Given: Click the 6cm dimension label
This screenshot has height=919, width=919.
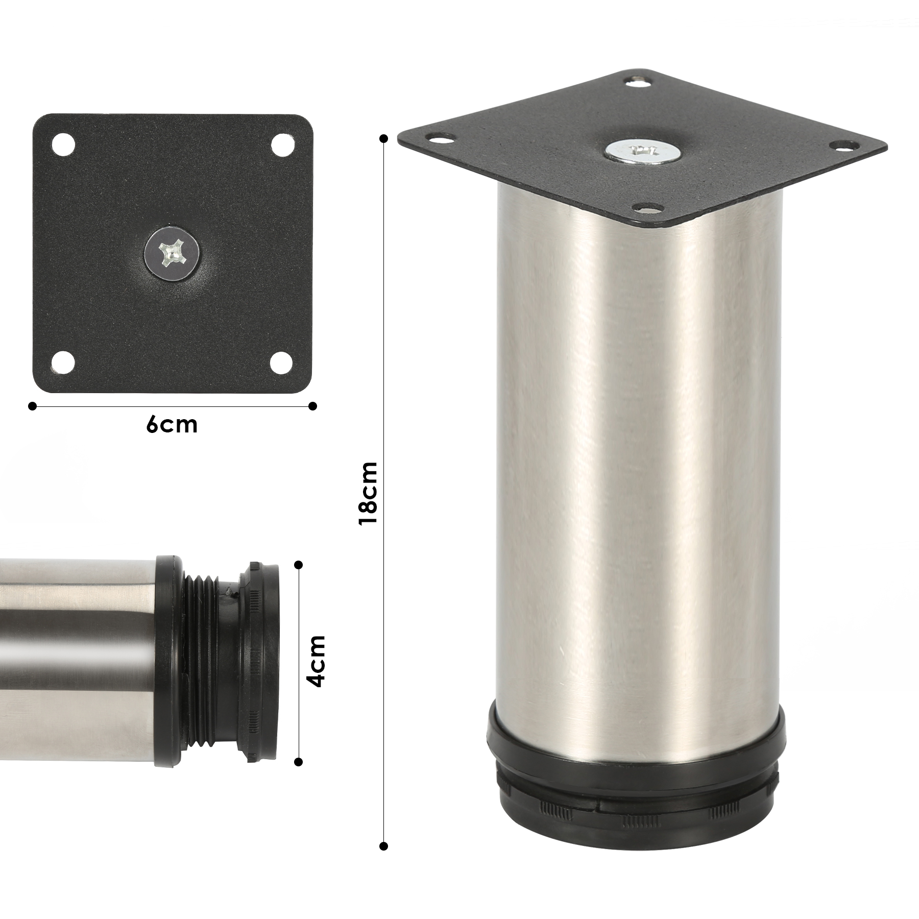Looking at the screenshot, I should [172, 425].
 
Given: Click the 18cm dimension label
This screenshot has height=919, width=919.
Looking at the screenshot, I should [368, 493].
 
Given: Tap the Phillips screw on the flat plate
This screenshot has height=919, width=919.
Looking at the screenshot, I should [172, 254].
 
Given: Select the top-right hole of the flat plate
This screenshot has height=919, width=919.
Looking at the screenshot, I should [281, 144].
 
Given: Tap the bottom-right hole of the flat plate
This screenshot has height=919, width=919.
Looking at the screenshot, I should [281, 363].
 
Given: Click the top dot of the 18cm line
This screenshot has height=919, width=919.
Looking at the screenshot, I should [384, 138].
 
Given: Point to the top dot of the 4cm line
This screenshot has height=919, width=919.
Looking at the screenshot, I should [299, 565].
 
